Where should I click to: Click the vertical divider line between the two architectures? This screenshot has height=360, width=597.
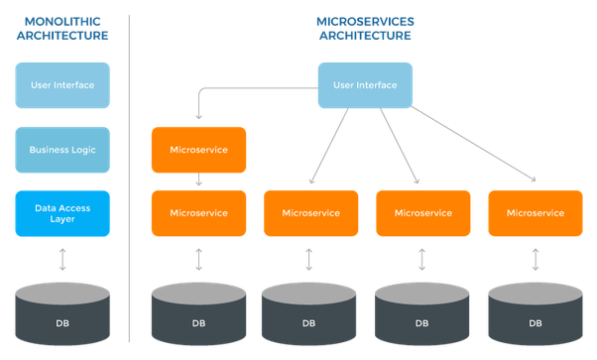(130, 179)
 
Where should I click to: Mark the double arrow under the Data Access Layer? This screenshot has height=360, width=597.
(61, 260)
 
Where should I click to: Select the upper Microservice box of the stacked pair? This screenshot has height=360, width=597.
(198, 150)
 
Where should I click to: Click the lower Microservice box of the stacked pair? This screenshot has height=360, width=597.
(198, 213)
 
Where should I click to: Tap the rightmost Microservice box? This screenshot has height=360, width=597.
(536, 213)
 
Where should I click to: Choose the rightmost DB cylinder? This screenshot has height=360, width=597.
(536, 315)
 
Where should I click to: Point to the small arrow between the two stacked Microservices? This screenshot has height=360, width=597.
(199, 181)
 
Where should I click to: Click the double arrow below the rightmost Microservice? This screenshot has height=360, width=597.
(537, 260)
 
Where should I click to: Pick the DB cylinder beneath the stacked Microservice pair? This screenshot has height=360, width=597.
(198, 315)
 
